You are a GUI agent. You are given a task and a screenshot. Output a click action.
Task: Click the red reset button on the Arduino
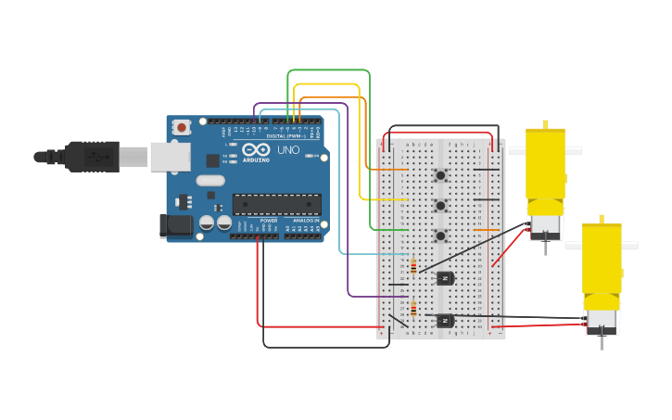[x=182, y=127]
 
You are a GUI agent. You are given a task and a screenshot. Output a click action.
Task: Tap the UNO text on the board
[x=288, y=149]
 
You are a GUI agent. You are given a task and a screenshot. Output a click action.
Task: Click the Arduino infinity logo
[x=256, y=149]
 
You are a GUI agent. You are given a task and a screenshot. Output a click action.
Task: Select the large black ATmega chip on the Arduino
[x=277, y=204]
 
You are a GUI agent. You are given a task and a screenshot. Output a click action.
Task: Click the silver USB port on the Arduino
[x=170, y=157]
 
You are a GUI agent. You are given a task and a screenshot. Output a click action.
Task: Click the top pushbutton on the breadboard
[x=440, y=175]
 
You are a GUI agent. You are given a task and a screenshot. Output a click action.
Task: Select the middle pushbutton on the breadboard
[x=440, y=205]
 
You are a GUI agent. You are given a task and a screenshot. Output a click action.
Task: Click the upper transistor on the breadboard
[x=445, y=277]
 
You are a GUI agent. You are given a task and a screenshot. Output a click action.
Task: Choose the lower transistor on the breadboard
[x=445, y=321]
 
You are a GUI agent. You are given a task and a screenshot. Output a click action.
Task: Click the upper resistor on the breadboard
[x=413, y=267]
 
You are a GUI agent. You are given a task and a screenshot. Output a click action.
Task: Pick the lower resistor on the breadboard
[x=413, y=310]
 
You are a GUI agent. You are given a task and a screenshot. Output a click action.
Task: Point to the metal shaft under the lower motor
[x=601, y=341]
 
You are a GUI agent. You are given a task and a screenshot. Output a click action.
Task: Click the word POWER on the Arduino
[x=268, y=221]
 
